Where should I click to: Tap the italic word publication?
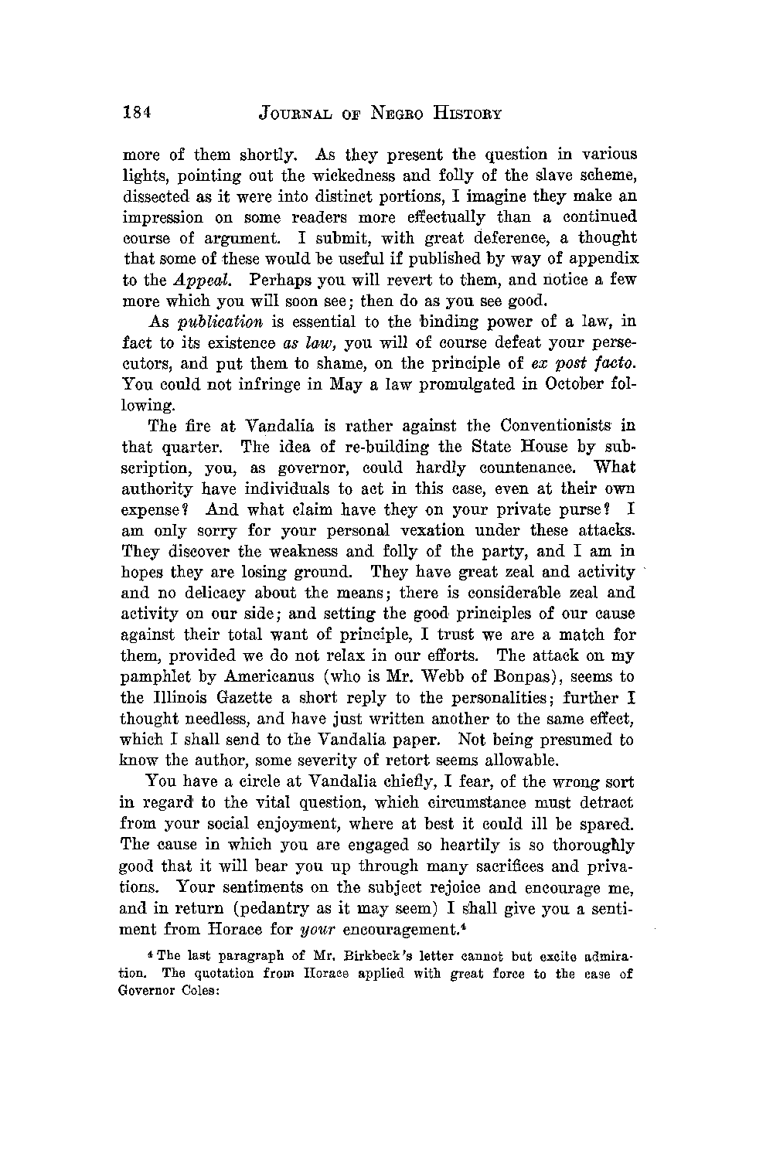[x=221, y=322]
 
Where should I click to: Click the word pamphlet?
[x=158, y=676]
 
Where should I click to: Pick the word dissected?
[x=158, y=196]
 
